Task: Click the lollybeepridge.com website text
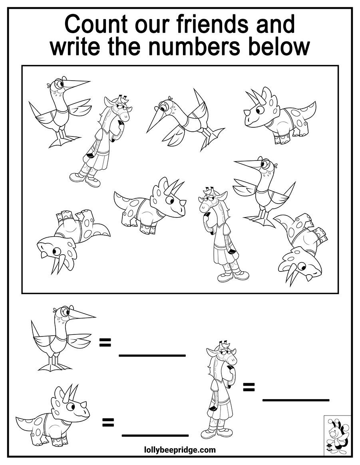click(180, 450)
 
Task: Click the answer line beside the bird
click(152, 355)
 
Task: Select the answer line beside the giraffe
click(296, 400)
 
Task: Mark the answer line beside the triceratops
click(155, 435)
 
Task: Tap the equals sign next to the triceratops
click(108, 422)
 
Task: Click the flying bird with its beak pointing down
click(185, 120)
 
